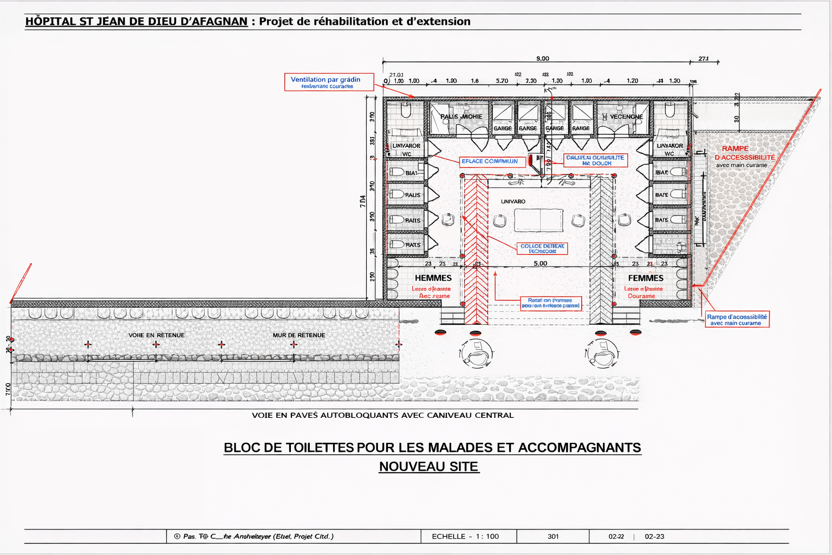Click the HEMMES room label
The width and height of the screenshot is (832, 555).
[433, 278]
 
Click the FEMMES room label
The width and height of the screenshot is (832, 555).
[646, 278]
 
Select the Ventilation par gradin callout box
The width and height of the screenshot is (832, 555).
[329, 82]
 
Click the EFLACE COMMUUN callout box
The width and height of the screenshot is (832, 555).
[490, 162]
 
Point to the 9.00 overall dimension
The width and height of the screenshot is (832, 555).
[542, 59]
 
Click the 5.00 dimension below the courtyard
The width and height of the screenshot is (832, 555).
[540, 263]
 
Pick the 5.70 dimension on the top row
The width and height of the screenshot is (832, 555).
[502, 81]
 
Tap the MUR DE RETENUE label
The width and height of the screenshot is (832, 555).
[298, 335]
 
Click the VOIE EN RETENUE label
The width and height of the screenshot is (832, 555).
[156, 335]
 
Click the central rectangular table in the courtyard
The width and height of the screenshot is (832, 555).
[538, 220]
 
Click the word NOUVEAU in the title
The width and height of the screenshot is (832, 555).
[405, 467]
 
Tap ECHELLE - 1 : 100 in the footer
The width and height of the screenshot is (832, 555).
[465, 537]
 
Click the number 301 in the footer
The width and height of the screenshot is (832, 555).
[552, 537]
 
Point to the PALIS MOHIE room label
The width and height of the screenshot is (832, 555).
[461, 117]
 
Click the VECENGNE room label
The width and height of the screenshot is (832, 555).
[626, 117]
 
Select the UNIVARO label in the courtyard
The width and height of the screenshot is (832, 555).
[513, 202]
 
